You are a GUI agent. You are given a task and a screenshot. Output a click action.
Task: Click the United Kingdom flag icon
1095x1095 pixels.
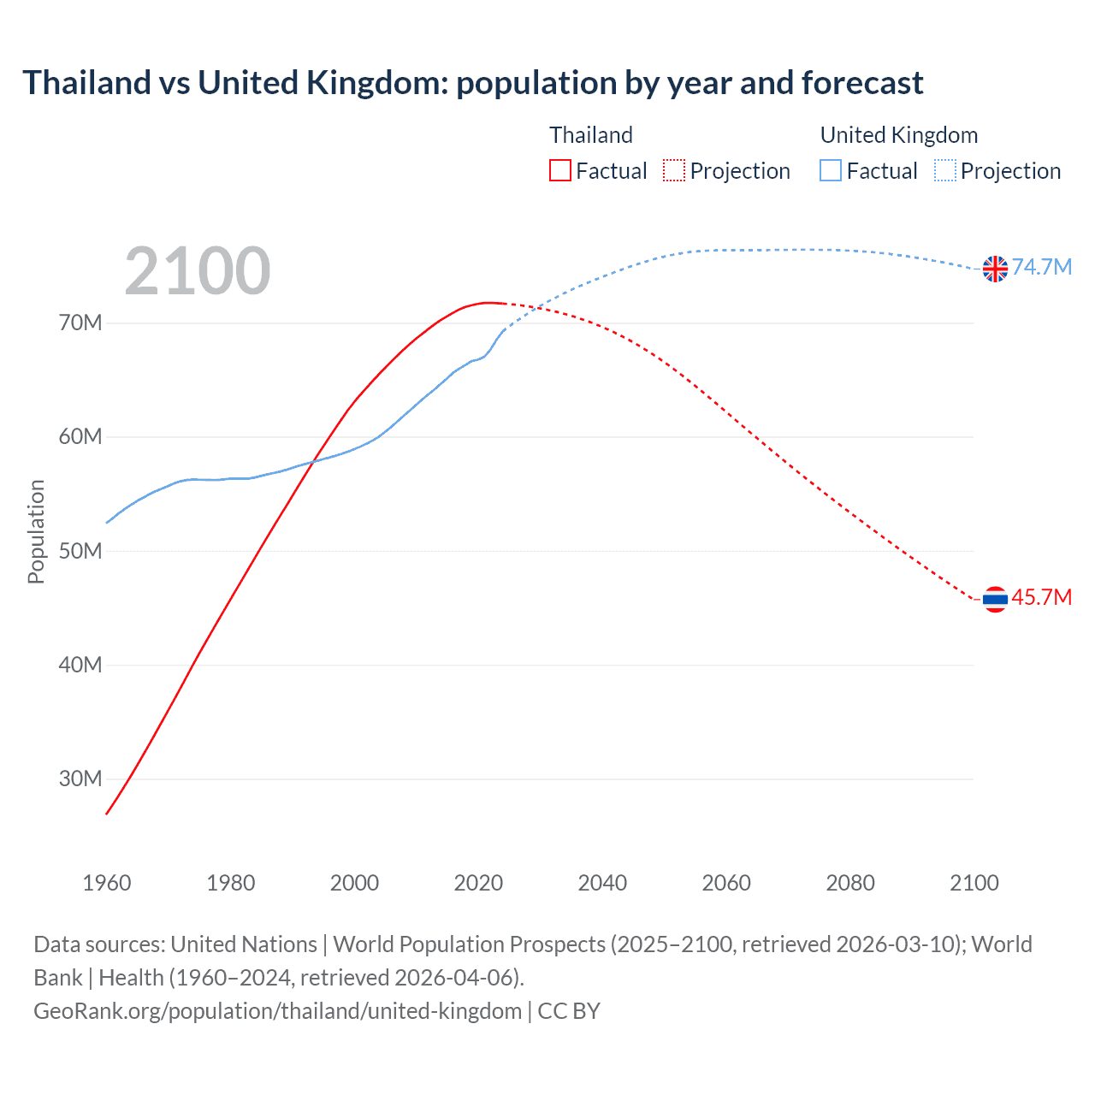(995, 269)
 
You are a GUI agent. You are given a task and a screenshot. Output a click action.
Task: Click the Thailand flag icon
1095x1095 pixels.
(995, 599)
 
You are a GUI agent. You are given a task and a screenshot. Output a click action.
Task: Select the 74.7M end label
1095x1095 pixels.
(1042, 267)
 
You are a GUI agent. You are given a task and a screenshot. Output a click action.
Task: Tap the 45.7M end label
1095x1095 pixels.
(1042, 597)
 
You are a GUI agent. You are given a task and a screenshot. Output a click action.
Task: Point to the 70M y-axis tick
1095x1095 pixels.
(80, 323)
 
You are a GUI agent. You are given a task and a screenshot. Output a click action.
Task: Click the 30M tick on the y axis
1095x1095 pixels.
(80, 778)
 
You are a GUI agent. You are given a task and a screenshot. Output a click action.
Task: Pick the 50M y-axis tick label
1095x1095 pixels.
(80, 551)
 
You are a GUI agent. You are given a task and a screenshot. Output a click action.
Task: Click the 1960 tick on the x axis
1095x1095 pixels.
(107, 883)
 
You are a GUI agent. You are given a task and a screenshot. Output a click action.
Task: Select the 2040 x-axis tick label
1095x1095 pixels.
(602, 883)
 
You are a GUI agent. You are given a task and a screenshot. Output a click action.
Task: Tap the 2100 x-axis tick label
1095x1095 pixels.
(974, 883)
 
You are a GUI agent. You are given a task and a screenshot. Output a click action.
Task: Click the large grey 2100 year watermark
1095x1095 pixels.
(198, 271)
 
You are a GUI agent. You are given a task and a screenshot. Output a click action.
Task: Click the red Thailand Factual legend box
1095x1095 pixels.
(560, 171)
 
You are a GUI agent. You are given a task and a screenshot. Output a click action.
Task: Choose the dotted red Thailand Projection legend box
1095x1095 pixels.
(674, 171)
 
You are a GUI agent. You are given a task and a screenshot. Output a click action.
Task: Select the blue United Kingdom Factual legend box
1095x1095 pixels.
(831, 171)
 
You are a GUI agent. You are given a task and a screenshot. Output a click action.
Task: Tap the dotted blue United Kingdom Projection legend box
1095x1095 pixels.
(944, 171)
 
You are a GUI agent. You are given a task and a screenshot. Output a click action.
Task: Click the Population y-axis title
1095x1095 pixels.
(36, 531)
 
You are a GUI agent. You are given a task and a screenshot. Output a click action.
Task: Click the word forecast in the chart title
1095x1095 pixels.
(862, 83)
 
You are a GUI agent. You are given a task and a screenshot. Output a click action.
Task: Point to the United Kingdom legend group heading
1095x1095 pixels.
(898, 135)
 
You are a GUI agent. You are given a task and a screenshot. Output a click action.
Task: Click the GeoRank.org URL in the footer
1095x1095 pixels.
(277, 1010)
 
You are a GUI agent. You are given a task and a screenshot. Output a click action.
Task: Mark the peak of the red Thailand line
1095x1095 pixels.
(488, 302)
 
